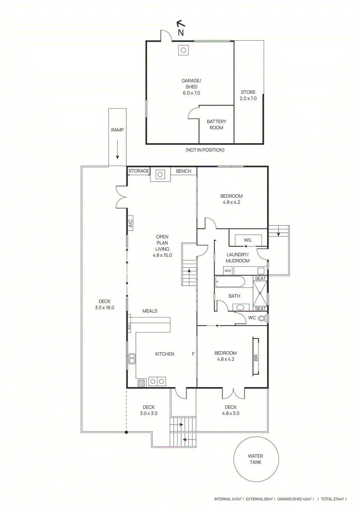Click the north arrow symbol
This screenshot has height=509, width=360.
(x=181, y=28)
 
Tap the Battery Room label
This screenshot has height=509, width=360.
(x=216, y=125)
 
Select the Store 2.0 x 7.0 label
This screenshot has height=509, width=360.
(x=248, y=95)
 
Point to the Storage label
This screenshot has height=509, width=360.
(x=139, y=171)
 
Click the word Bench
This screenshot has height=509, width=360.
(x=184, y=171)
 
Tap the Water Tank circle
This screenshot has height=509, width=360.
(x=256, y=459)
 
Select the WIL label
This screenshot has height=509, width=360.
(x=248, y=240)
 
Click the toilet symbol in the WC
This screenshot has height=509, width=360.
(x=262, y=318)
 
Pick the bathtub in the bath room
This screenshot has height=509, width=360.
(x=230, y=282)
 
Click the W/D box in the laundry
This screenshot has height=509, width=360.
(x=228, y=271)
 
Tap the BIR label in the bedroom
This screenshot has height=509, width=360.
(x=256, y=357)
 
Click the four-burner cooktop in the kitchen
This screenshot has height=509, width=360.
(x=141, y=383)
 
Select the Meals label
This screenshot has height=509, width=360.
(x=150, y=311)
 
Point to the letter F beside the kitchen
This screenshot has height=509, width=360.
(x=193, y=354)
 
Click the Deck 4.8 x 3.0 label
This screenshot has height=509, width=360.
(x=230, y=410)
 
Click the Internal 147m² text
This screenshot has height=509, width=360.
(x=228, y=499)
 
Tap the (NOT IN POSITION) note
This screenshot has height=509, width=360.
(x=205, y=150)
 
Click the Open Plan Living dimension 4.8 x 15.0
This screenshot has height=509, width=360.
(x=162, y=255)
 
